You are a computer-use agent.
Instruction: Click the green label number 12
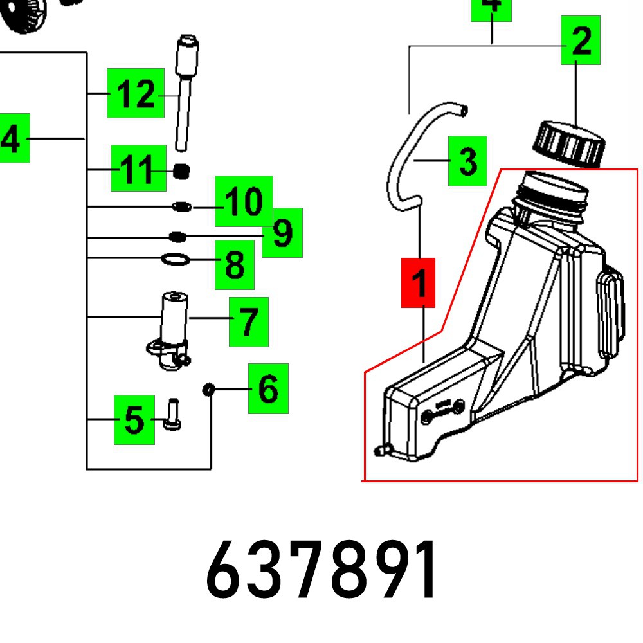[x=135, y=93]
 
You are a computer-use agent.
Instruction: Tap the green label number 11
[x=138, y=168]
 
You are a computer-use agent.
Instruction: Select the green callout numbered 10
[x=244, y=201]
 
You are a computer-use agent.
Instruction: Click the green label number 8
[x=235, y=264]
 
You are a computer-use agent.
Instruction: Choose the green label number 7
[x=249, y=321]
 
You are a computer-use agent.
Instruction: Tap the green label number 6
[x=268, y=388]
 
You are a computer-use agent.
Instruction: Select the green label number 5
[x=134, y=420]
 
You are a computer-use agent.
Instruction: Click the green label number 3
[x=467, y=161]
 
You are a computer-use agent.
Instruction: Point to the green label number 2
[x=580, y=41]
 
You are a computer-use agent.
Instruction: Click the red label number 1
[x=419, y=283]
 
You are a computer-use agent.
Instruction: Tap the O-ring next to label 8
[x=175, y=260]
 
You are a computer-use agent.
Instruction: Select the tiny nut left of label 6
[x=208, y=390]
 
